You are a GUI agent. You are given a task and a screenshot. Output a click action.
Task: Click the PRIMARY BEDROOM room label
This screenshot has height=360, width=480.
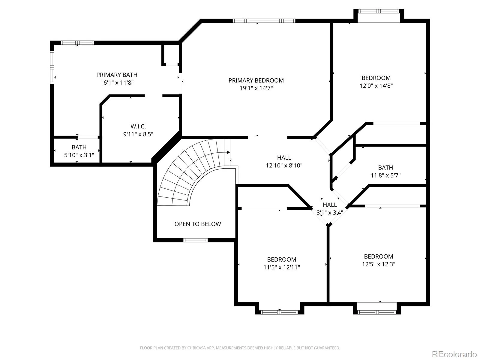[x=256, y=80]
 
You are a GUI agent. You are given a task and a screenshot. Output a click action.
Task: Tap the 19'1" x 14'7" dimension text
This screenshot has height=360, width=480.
[x=256, y=88]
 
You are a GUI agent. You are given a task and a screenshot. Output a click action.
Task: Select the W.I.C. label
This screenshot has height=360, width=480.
[x=138, y=126]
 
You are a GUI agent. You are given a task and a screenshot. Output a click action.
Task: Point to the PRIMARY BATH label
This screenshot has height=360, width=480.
[x=117, y=75]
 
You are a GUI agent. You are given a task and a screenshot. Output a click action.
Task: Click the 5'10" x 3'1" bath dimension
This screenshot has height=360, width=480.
[x=79, y=155]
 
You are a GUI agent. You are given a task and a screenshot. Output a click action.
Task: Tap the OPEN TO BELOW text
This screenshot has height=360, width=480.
[x=198, y=224]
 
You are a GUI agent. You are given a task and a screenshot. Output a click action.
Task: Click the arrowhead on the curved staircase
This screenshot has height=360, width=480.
[x=228, y=152]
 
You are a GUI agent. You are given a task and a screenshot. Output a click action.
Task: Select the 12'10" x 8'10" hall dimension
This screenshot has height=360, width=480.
[x=284, y=165]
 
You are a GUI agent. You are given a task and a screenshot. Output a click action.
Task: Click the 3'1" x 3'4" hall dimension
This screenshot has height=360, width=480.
[x=329, y=212]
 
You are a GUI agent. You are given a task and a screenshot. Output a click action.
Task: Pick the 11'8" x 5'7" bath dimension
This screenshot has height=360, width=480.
[x=385, y=175]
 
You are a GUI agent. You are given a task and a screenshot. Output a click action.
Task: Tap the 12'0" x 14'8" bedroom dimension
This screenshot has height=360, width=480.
[x=376, y=85]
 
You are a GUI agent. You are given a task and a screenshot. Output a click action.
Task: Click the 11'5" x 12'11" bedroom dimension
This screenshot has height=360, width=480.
[x=281, y=267]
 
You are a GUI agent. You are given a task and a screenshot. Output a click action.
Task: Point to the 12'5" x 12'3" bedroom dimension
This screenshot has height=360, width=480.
[x=379, y=264]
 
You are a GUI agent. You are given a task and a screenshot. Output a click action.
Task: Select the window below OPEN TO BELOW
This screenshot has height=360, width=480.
[x=195, y=240]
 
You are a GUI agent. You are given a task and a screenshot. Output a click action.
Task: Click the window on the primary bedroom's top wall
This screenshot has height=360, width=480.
[x=264, y=21]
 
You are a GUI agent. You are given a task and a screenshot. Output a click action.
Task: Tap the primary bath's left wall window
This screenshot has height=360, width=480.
[x=52, y=67]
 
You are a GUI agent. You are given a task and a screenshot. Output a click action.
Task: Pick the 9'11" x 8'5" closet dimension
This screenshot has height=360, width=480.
[x=138, y=134]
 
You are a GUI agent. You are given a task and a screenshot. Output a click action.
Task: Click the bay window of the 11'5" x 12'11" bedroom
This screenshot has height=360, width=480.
[x=280, y=312]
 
